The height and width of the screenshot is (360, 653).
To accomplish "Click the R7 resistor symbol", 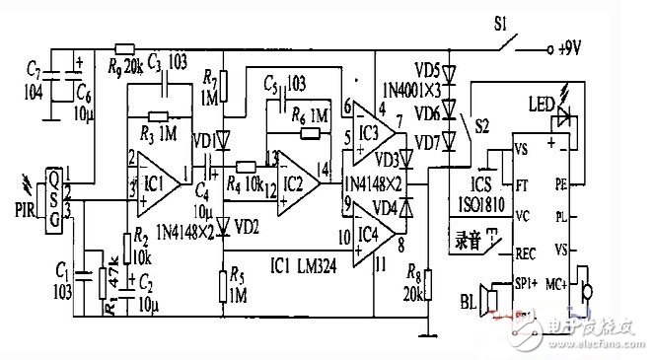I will (224, 87).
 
